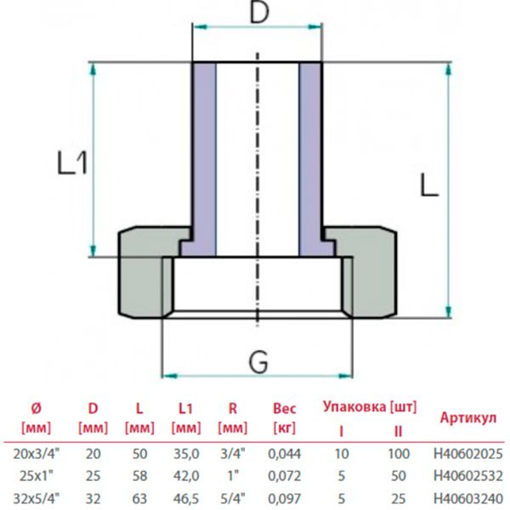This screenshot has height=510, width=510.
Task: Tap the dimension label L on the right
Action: (428, 184)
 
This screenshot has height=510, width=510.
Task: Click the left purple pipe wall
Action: (204, 157)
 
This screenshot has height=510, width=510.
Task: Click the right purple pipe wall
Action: (310, 157)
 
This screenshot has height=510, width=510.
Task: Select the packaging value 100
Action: (398, 456)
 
